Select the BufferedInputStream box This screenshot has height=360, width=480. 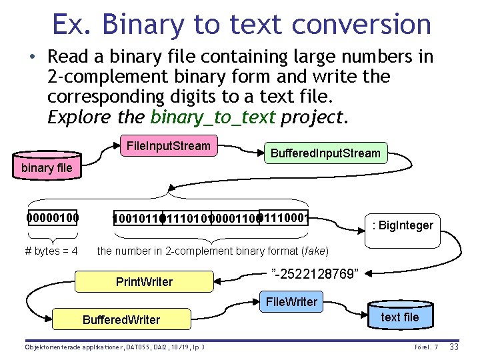point(325,153)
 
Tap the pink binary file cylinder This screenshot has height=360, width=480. point(47,167)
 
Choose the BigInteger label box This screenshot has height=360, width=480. point(402,225)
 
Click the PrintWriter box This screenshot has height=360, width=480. point(144,282)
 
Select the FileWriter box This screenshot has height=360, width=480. point(291,302)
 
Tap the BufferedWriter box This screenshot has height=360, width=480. point(121,320)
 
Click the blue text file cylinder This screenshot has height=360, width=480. point(400,317)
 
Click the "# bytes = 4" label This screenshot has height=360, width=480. point(51,251)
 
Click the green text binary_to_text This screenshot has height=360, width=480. point(213,118)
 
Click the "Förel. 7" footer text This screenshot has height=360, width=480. point(426,347)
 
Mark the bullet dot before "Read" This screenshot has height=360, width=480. point(33,57)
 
